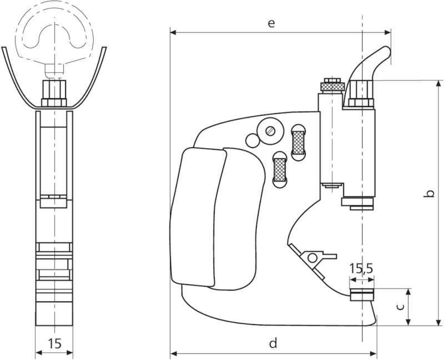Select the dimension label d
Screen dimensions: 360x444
point(273,343)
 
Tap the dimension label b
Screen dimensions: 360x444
point(430,194)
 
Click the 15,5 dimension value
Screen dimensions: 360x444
point(361,269)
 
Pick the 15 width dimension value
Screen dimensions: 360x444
point(54,344)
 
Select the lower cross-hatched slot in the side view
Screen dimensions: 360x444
point(279,168)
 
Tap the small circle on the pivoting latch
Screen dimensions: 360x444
point(312,257)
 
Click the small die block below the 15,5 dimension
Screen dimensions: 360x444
point(361,293)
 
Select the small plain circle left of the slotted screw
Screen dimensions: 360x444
point(253,140)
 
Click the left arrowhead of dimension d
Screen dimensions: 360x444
point(173,353)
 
